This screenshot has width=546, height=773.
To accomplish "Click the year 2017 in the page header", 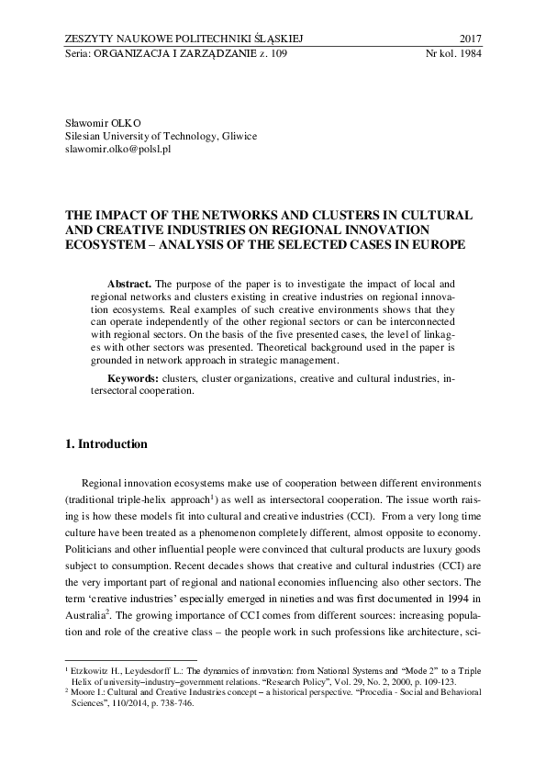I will click(x=469, y=38).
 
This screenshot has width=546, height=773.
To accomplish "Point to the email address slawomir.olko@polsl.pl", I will click(x=119, y=148).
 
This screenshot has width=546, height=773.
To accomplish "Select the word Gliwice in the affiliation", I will click(x=238, y=135).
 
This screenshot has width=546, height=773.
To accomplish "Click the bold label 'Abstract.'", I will click(x=129, y=286).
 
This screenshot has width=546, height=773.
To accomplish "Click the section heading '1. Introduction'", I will click(x=106, y=444).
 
